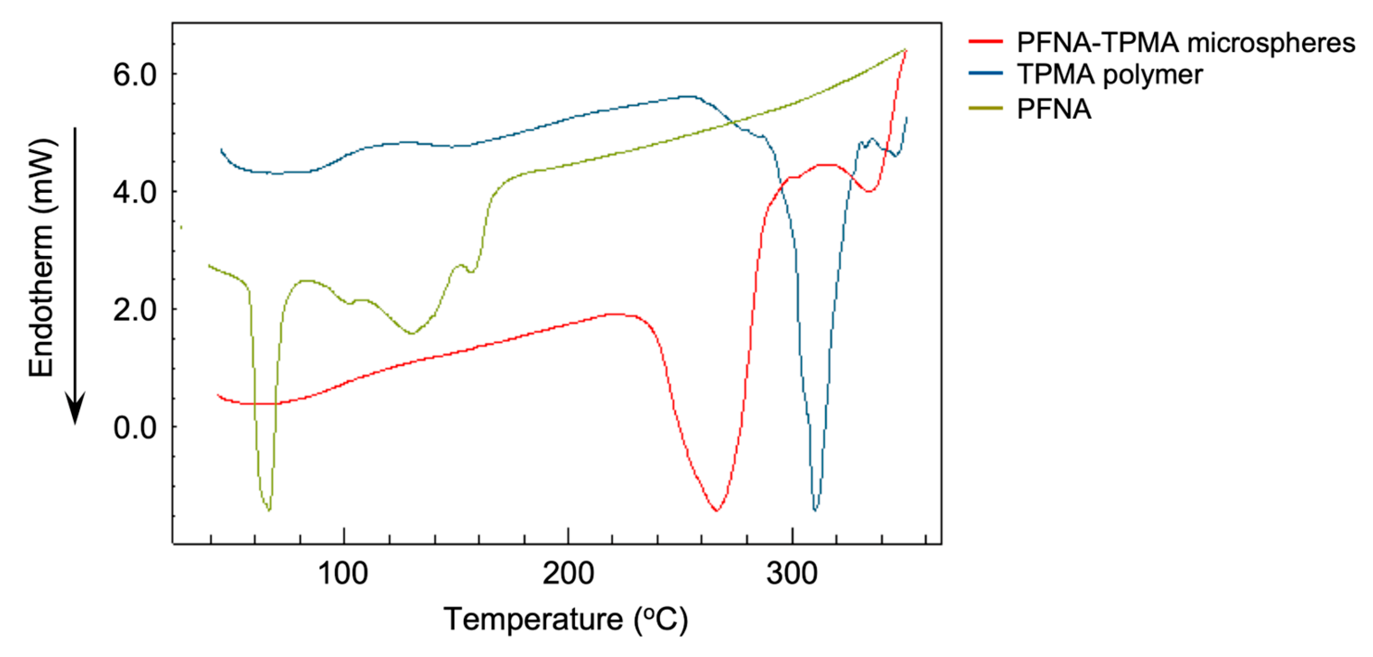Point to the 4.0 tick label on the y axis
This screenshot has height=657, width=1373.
(x=135, y=192)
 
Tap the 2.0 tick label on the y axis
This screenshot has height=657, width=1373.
(x=135, y=310)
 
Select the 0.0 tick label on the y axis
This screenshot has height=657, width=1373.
(x=135, y=427)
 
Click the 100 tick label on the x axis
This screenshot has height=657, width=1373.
(x=343, y=574)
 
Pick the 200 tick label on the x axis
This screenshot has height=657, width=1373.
(x=568, y=574)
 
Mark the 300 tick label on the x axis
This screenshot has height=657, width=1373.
(x=792, y=574)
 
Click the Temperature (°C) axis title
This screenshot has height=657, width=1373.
(x=566, y=619)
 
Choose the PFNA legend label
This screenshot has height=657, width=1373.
(x=1054, y=109)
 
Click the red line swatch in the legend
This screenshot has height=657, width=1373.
(x=986, y=41)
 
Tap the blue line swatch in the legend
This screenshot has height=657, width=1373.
(x=986, y=73)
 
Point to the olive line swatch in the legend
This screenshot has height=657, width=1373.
(x=986, y=108)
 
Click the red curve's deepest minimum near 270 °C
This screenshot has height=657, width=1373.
(x=717, y=510)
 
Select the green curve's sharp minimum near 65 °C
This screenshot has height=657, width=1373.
(x=269, y=510)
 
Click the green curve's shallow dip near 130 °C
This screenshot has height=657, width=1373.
(x=412, y=334)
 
